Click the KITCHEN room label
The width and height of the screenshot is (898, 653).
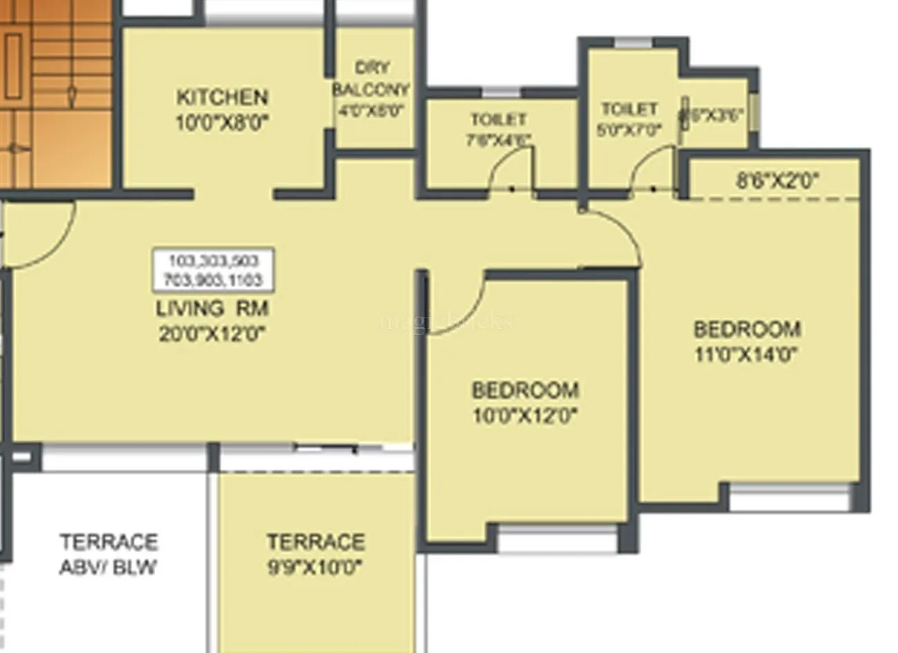click(x=222, y=97)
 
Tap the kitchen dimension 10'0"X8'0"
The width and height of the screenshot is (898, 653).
click(x=222, y=123)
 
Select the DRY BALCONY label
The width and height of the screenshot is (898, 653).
click(x=372, y=79)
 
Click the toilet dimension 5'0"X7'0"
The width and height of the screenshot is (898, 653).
click(x=629, y=129)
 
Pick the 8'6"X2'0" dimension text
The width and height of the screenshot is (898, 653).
click(x=777, y=181)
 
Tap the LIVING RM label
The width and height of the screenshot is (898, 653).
click(x=212, y=308)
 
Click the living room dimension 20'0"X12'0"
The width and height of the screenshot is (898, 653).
click(x=213, y=334)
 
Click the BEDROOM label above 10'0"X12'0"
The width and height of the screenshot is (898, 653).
click(x=525, y=390)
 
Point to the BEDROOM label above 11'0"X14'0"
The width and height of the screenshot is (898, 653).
click(x=747, y=329)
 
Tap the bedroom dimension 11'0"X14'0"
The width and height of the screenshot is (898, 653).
click(x=747, y=354)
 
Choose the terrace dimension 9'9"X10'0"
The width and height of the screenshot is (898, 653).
click(x=316, y=567)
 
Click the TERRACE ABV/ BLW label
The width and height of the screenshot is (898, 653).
click(x=108, y=553)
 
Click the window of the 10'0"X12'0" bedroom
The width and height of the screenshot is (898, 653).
click(x=557, y=538)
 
